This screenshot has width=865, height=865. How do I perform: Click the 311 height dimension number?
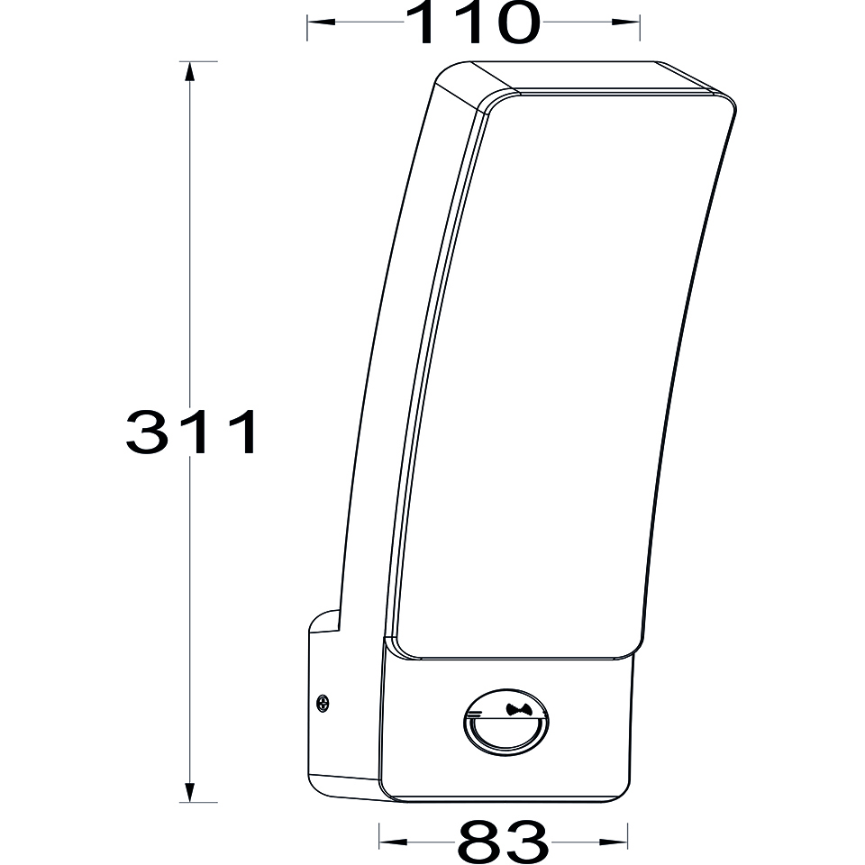point(191,432)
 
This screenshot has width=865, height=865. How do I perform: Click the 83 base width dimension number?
point(502,842)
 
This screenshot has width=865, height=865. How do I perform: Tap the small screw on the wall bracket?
point(323,703)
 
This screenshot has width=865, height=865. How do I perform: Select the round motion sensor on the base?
point(505,722)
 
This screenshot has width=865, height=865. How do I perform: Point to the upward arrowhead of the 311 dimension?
point(190,72)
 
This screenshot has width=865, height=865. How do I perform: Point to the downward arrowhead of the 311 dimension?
point(190,793)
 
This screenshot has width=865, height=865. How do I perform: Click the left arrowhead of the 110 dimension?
point(321,22)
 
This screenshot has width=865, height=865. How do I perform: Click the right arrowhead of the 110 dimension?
point(625,22)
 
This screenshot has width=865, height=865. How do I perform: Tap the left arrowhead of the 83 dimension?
point(393,842)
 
